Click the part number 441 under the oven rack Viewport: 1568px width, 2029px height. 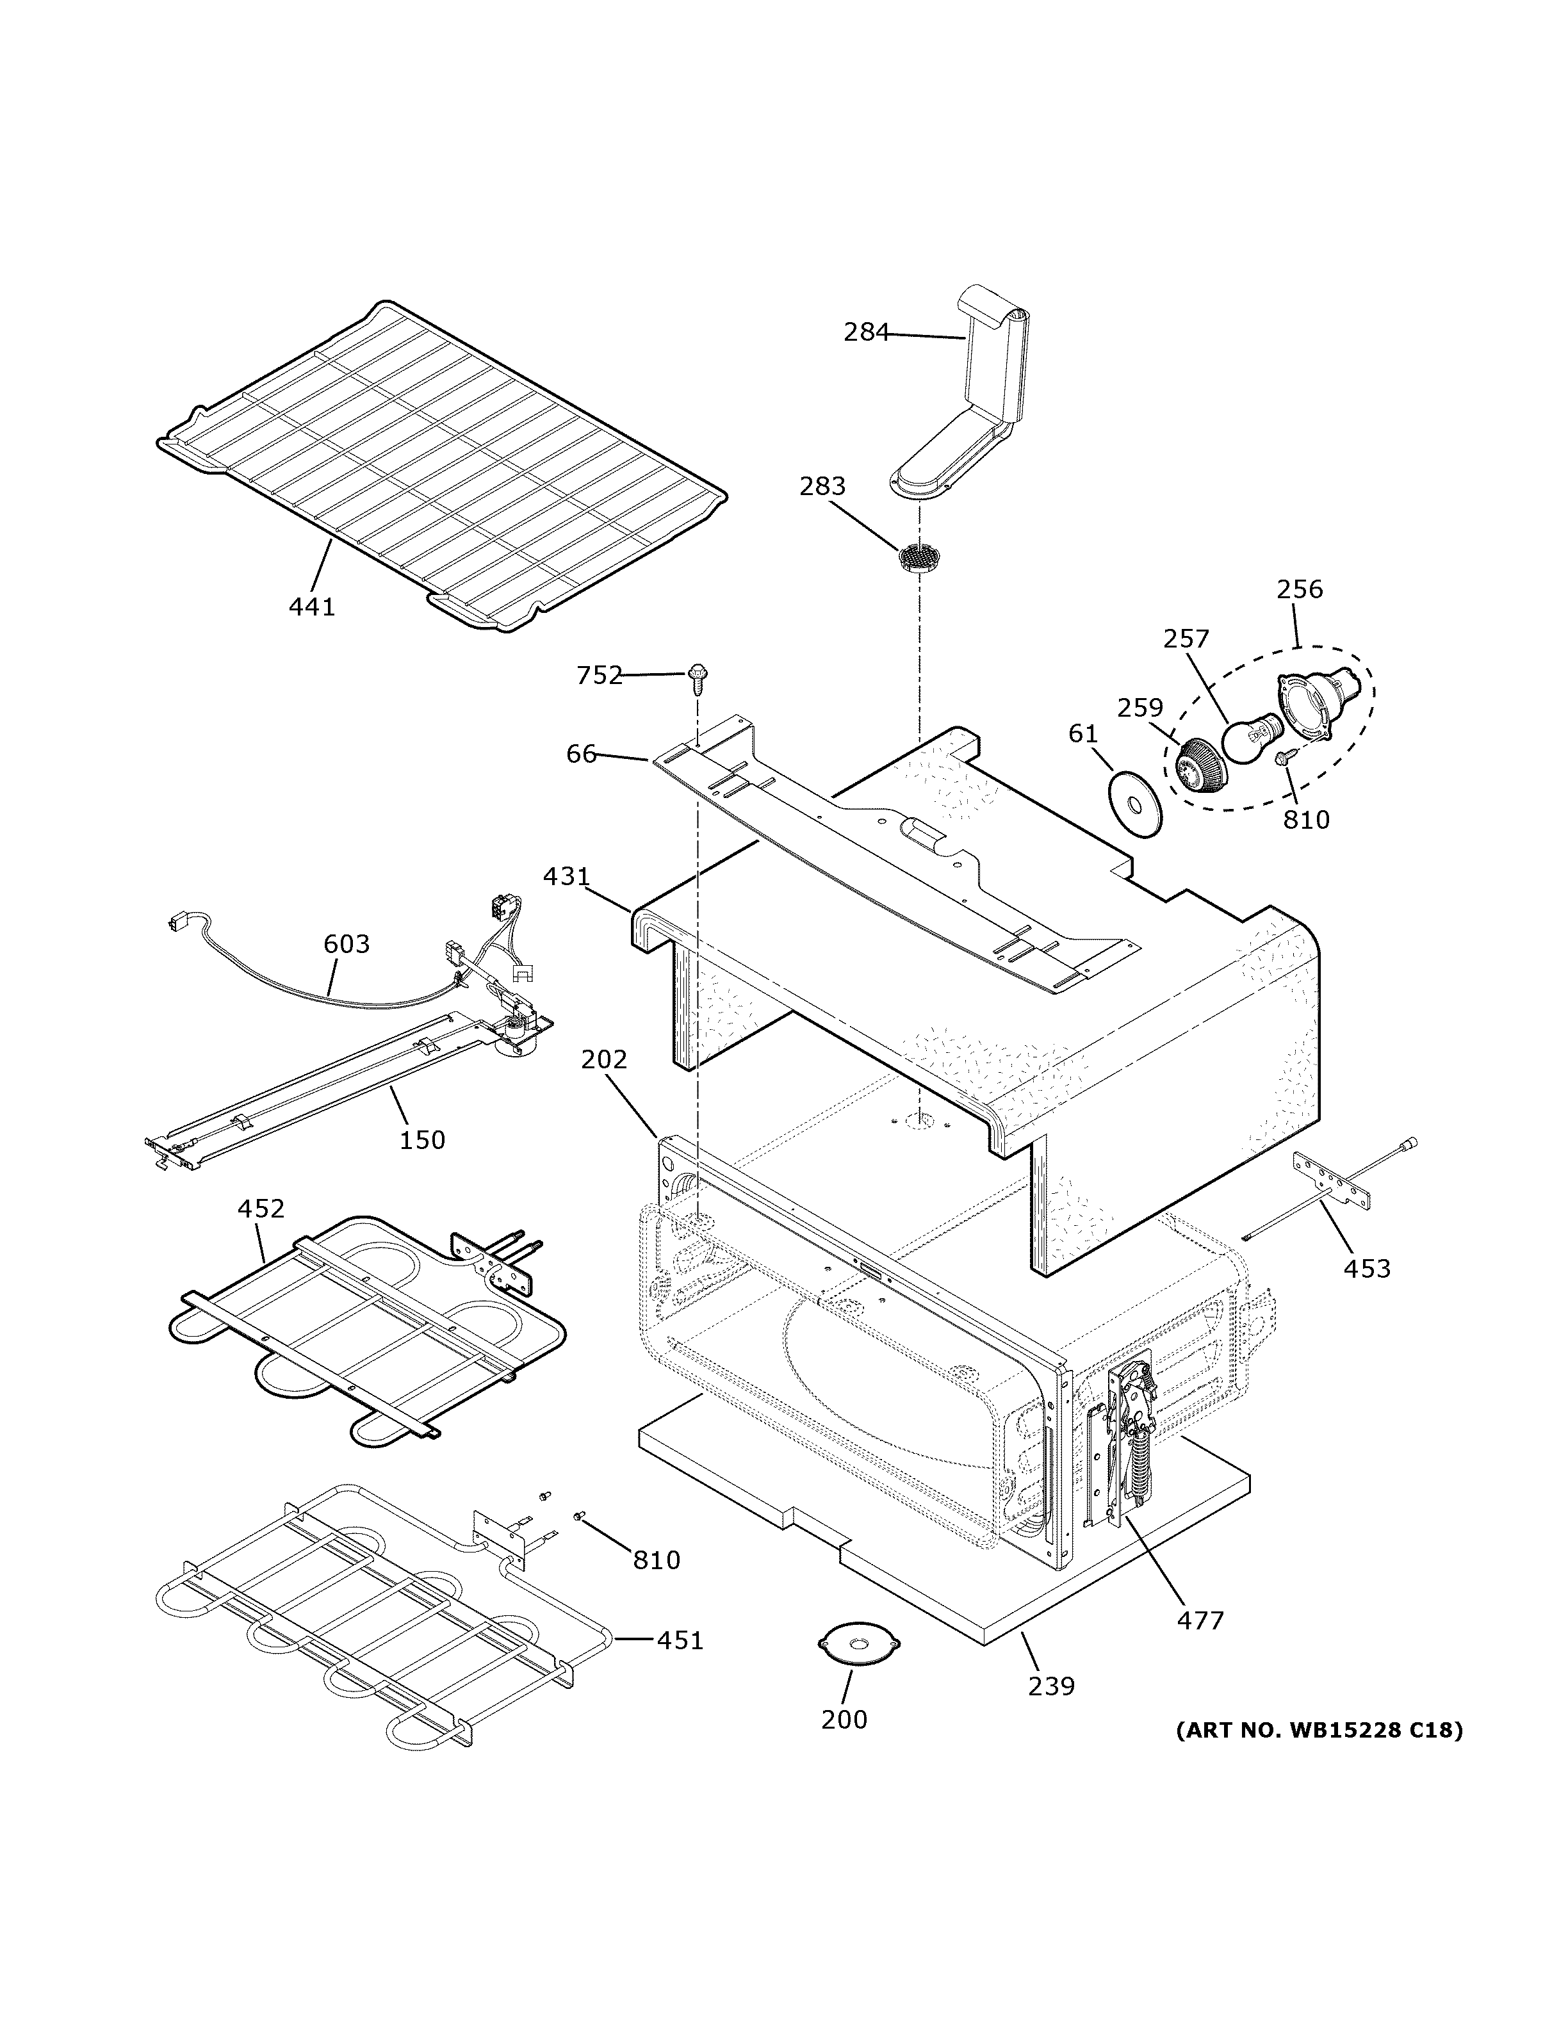[311, 607]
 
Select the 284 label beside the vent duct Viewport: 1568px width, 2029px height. [866, 332]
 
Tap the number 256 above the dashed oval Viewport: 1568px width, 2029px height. [1298, 589]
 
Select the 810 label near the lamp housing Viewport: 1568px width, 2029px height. [1306, 819]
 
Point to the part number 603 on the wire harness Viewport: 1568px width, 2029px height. [347, 944]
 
